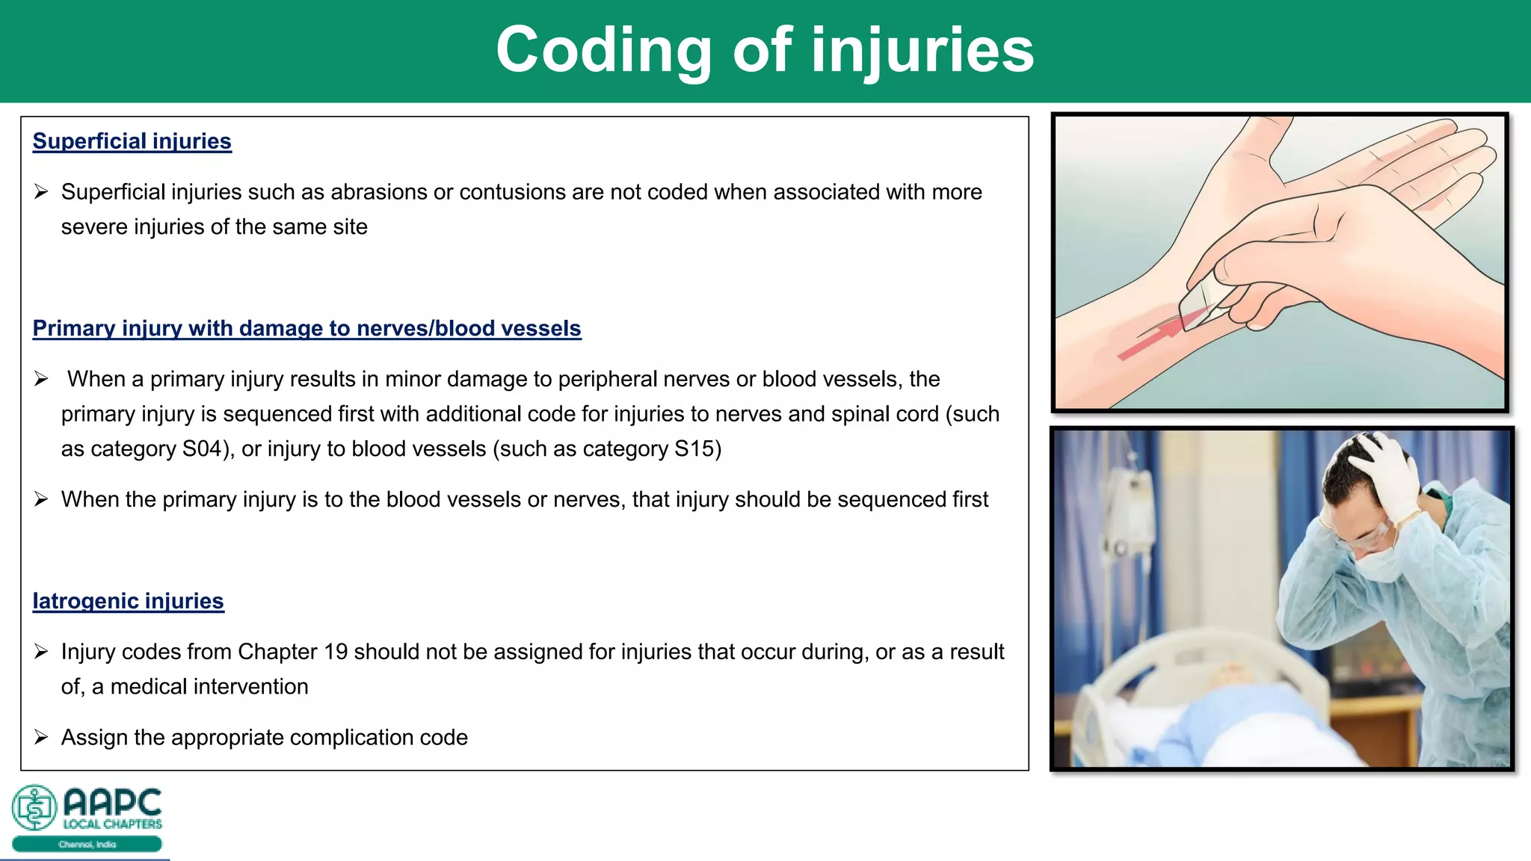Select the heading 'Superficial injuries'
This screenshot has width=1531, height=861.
(x=132, y=141)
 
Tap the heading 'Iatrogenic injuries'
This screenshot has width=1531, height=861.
(x=128, y=601)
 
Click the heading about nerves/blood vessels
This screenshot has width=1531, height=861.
(x=306, y=328)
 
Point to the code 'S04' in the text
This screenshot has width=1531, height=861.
(x=203, y=449)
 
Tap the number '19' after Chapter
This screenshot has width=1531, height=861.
(x=336, y=652)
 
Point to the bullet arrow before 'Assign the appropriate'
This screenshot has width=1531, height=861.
(x=41, y=738)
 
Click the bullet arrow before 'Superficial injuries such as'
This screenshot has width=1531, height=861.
(x=41, y=192)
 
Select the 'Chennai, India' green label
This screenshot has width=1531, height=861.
(x=87, y=845)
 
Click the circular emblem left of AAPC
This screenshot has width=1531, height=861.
(x=34, y=807)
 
